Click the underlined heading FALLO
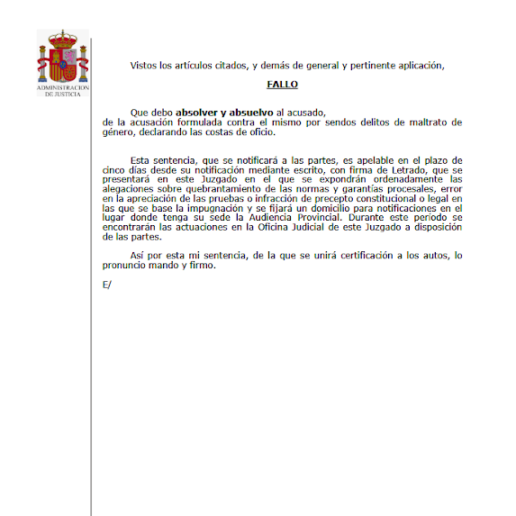coord(282,85)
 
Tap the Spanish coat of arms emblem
coord(62,58)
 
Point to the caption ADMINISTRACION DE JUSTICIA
coord(62,91)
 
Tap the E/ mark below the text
coord(108,285)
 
